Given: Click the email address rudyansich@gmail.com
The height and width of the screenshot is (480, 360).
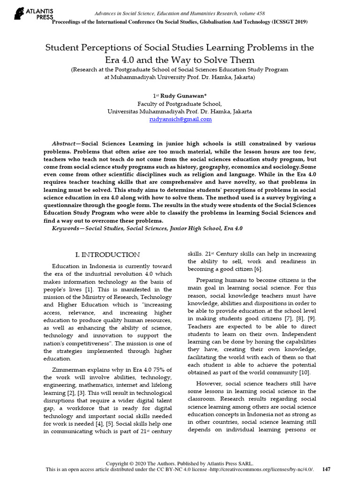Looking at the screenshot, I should coord(180,120).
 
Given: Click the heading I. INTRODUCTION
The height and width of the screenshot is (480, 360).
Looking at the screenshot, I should coord(108,255).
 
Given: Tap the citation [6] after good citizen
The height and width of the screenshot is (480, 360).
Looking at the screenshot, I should coord(259,269).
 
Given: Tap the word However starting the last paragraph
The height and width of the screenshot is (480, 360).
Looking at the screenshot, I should coord(209,383).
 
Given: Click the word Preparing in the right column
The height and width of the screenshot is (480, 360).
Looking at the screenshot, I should coord(211,280).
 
